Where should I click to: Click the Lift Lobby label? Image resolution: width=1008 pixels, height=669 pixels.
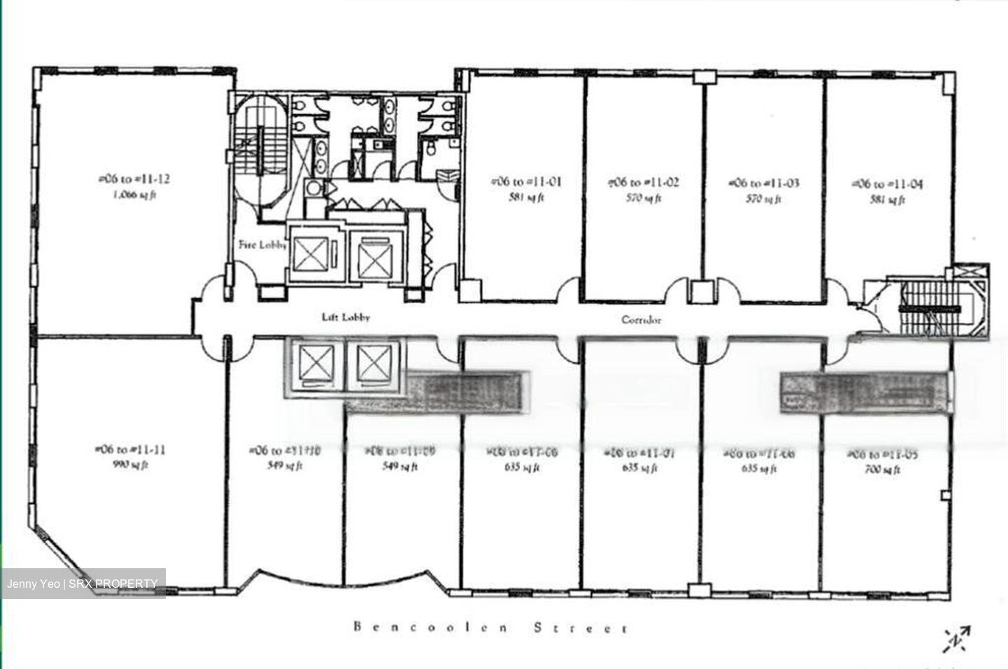346,318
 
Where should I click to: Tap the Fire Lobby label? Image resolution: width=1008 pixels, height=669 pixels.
262,246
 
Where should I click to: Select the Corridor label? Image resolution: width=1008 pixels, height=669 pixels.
641,320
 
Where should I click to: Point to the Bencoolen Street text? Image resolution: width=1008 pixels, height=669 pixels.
491,628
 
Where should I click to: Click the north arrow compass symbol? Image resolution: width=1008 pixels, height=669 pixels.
956,638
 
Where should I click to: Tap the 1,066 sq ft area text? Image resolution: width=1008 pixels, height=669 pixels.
134,195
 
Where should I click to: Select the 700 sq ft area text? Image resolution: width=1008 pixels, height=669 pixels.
883,470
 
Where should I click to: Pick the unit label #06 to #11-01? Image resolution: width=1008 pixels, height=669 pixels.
526,182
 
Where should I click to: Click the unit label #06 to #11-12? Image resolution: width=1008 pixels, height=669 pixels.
134,179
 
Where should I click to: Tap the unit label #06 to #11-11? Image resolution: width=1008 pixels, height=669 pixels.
129,450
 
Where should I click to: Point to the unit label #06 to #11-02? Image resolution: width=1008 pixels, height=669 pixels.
643,183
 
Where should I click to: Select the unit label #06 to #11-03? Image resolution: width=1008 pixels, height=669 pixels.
764,183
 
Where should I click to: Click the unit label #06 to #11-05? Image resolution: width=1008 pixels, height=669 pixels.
883,455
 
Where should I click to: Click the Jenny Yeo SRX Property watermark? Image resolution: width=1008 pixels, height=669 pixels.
83,584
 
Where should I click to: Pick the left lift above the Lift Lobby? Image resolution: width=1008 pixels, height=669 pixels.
313,253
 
